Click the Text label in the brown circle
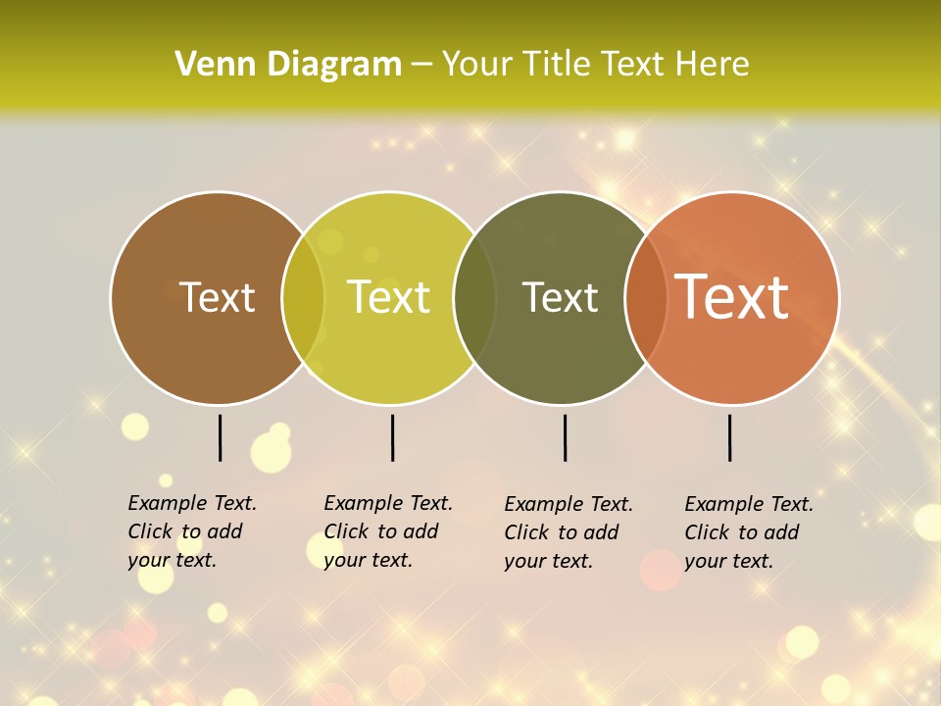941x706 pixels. (217, 297)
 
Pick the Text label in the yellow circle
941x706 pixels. (389, 297)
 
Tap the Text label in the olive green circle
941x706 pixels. (560, 297)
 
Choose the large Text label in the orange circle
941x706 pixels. (731, 297)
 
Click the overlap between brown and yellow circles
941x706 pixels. (303, 298)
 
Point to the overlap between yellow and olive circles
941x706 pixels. (474, 298)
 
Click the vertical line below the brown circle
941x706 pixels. (221, 437)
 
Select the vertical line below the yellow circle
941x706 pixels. (392, 437)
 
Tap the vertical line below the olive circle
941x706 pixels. (565, 437)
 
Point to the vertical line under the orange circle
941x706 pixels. (729, 437)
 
